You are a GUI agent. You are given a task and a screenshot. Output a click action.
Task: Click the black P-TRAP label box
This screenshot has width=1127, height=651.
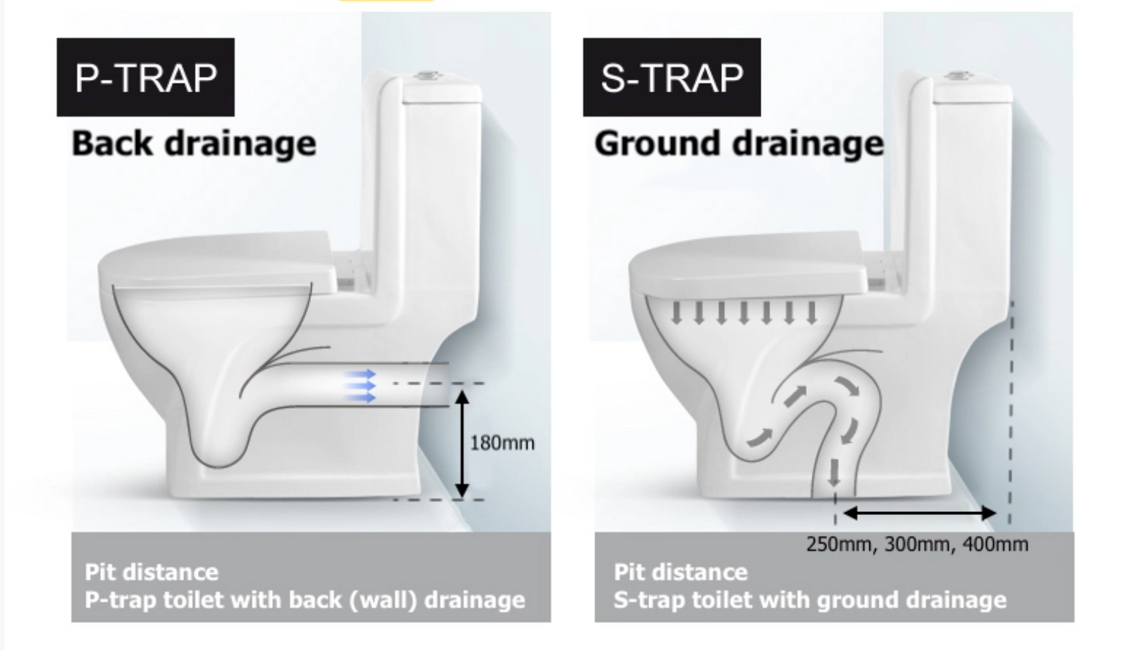point(145,77)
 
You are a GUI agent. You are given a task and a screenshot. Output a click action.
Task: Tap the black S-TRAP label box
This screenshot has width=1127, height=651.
point(672,77)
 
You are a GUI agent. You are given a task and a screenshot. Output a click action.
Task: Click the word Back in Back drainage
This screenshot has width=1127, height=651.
point(112,143)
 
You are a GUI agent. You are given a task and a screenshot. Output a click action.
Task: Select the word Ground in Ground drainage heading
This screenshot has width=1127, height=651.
point(653,143)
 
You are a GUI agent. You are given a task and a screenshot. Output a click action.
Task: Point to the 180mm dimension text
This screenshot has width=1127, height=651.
point(502,443)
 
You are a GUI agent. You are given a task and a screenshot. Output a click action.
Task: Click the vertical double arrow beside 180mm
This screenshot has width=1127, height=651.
point(462,444)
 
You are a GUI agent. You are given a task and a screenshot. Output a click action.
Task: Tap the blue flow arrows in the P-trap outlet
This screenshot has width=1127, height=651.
point(361,385)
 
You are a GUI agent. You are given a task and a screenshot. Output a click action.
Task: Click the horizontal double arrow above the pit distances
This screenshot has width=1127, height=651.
point(920,513)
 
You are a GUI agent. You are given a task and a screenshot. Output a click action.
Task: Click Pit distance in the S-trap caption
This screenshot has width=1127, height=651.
point(680,572)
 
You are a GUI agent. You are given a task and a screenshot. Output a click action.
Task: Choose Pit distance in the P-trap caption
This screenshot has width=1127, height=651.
point(151,572)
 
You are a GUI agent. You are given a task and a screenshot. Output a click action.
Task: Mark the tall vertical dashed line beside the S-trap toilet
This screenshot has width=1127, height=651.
point(1011,413)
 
